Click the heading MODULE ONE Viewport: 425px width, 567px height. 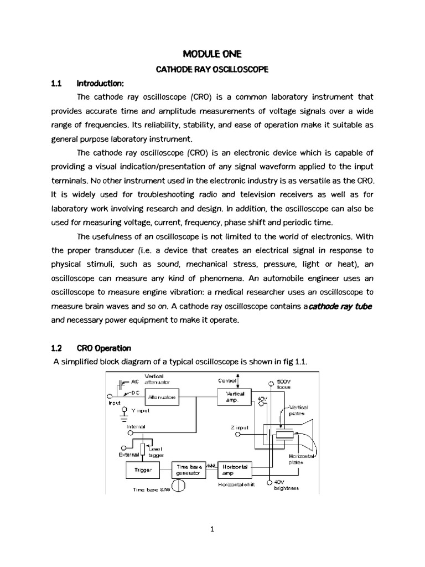tap(212, 54)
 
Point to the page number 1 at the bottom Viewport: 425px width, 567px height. tap(212, 529)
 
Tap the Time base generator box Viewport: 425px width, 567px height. tap(190, 470)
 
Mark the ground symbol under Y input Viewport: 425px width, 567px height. tap(125, 416)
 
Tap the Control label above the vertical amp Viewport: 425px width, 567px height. tap(227, 381)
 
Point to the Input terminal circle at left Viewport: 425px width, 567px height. tap(109, 396)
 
